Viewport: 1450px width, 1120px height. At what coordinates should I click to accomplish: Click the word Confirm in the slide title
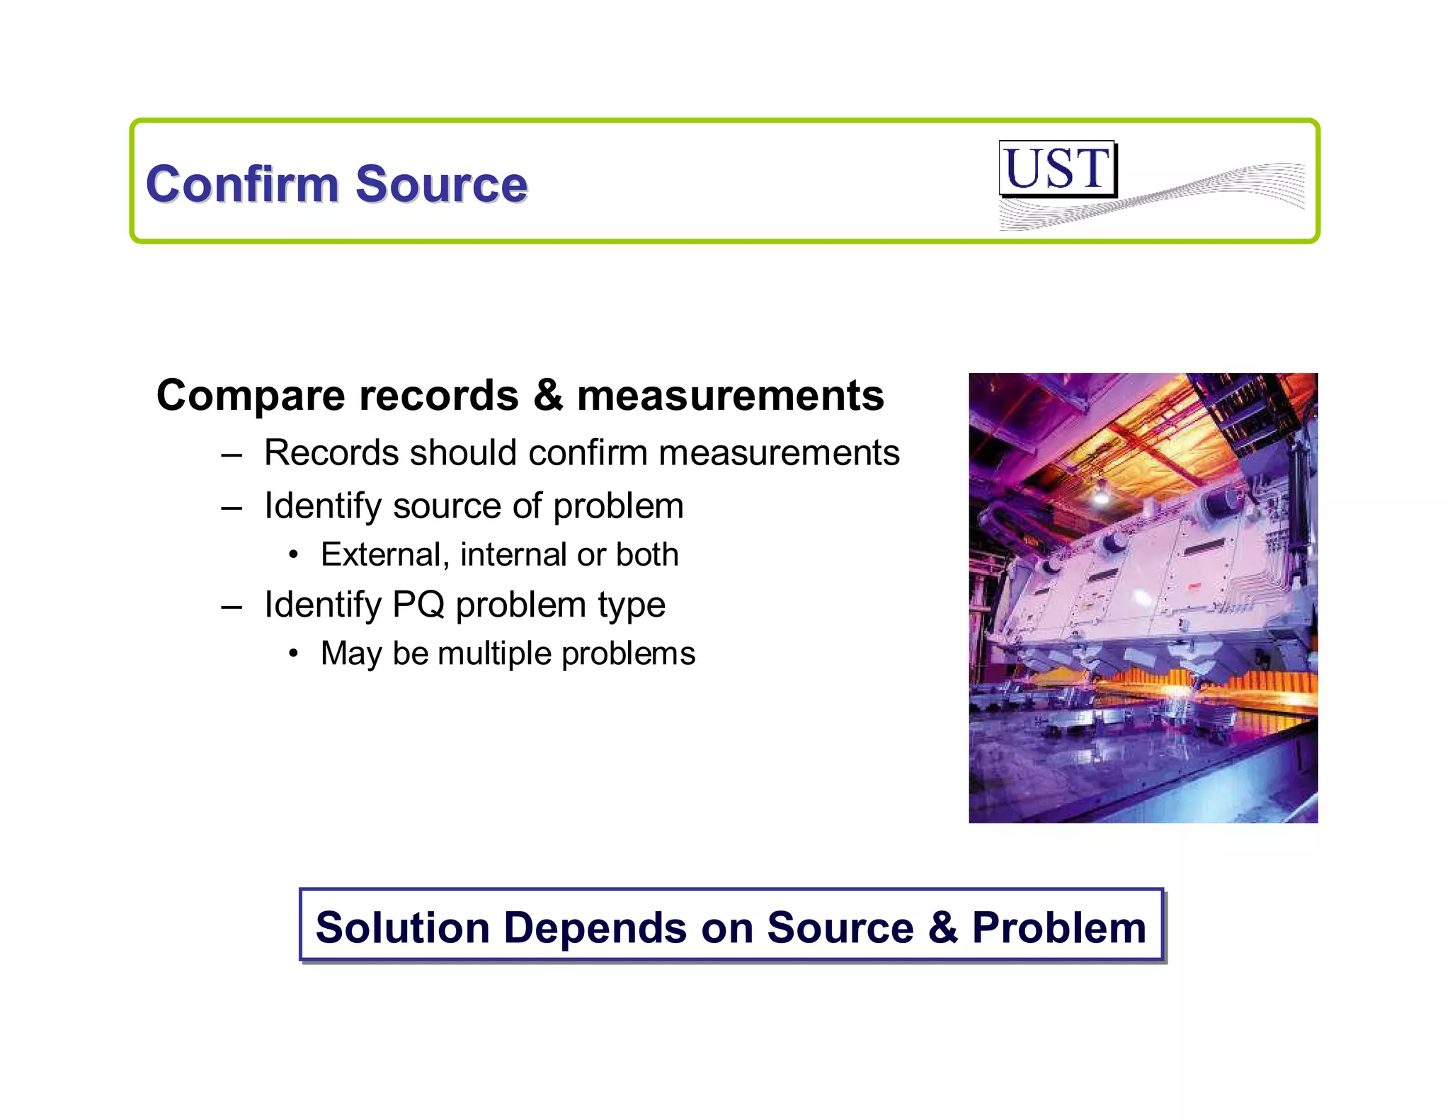pyautogui.click(x=241, y=184)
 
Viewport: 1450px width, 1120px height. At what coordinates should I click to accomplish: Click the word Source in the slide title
pyautogui.click(x=441, y=184)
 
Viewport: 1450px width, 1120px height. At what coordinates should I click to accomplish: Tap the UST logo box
pyautogui.click(x=1056, y=168)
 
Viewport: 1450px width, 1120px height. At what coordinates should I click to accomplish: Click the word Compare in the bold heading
pyautogui.click(x=251, y=396)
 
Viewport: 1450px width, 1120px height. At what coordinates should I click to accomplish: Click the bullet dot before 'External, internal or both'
pyautogui.click(x=293, y=554)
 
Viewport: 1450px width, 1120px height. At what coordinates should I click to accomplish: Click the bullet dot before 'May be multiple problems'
pyautogui.click(x=293, y=653)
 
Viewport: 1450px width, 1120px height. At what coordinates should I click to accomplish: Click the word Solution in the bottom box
pyautogui.click(x=402, y=927)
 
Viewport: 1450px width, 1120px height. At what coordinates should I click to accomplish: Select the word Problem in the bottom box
pyautogui.click(x=1058, y=927)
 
